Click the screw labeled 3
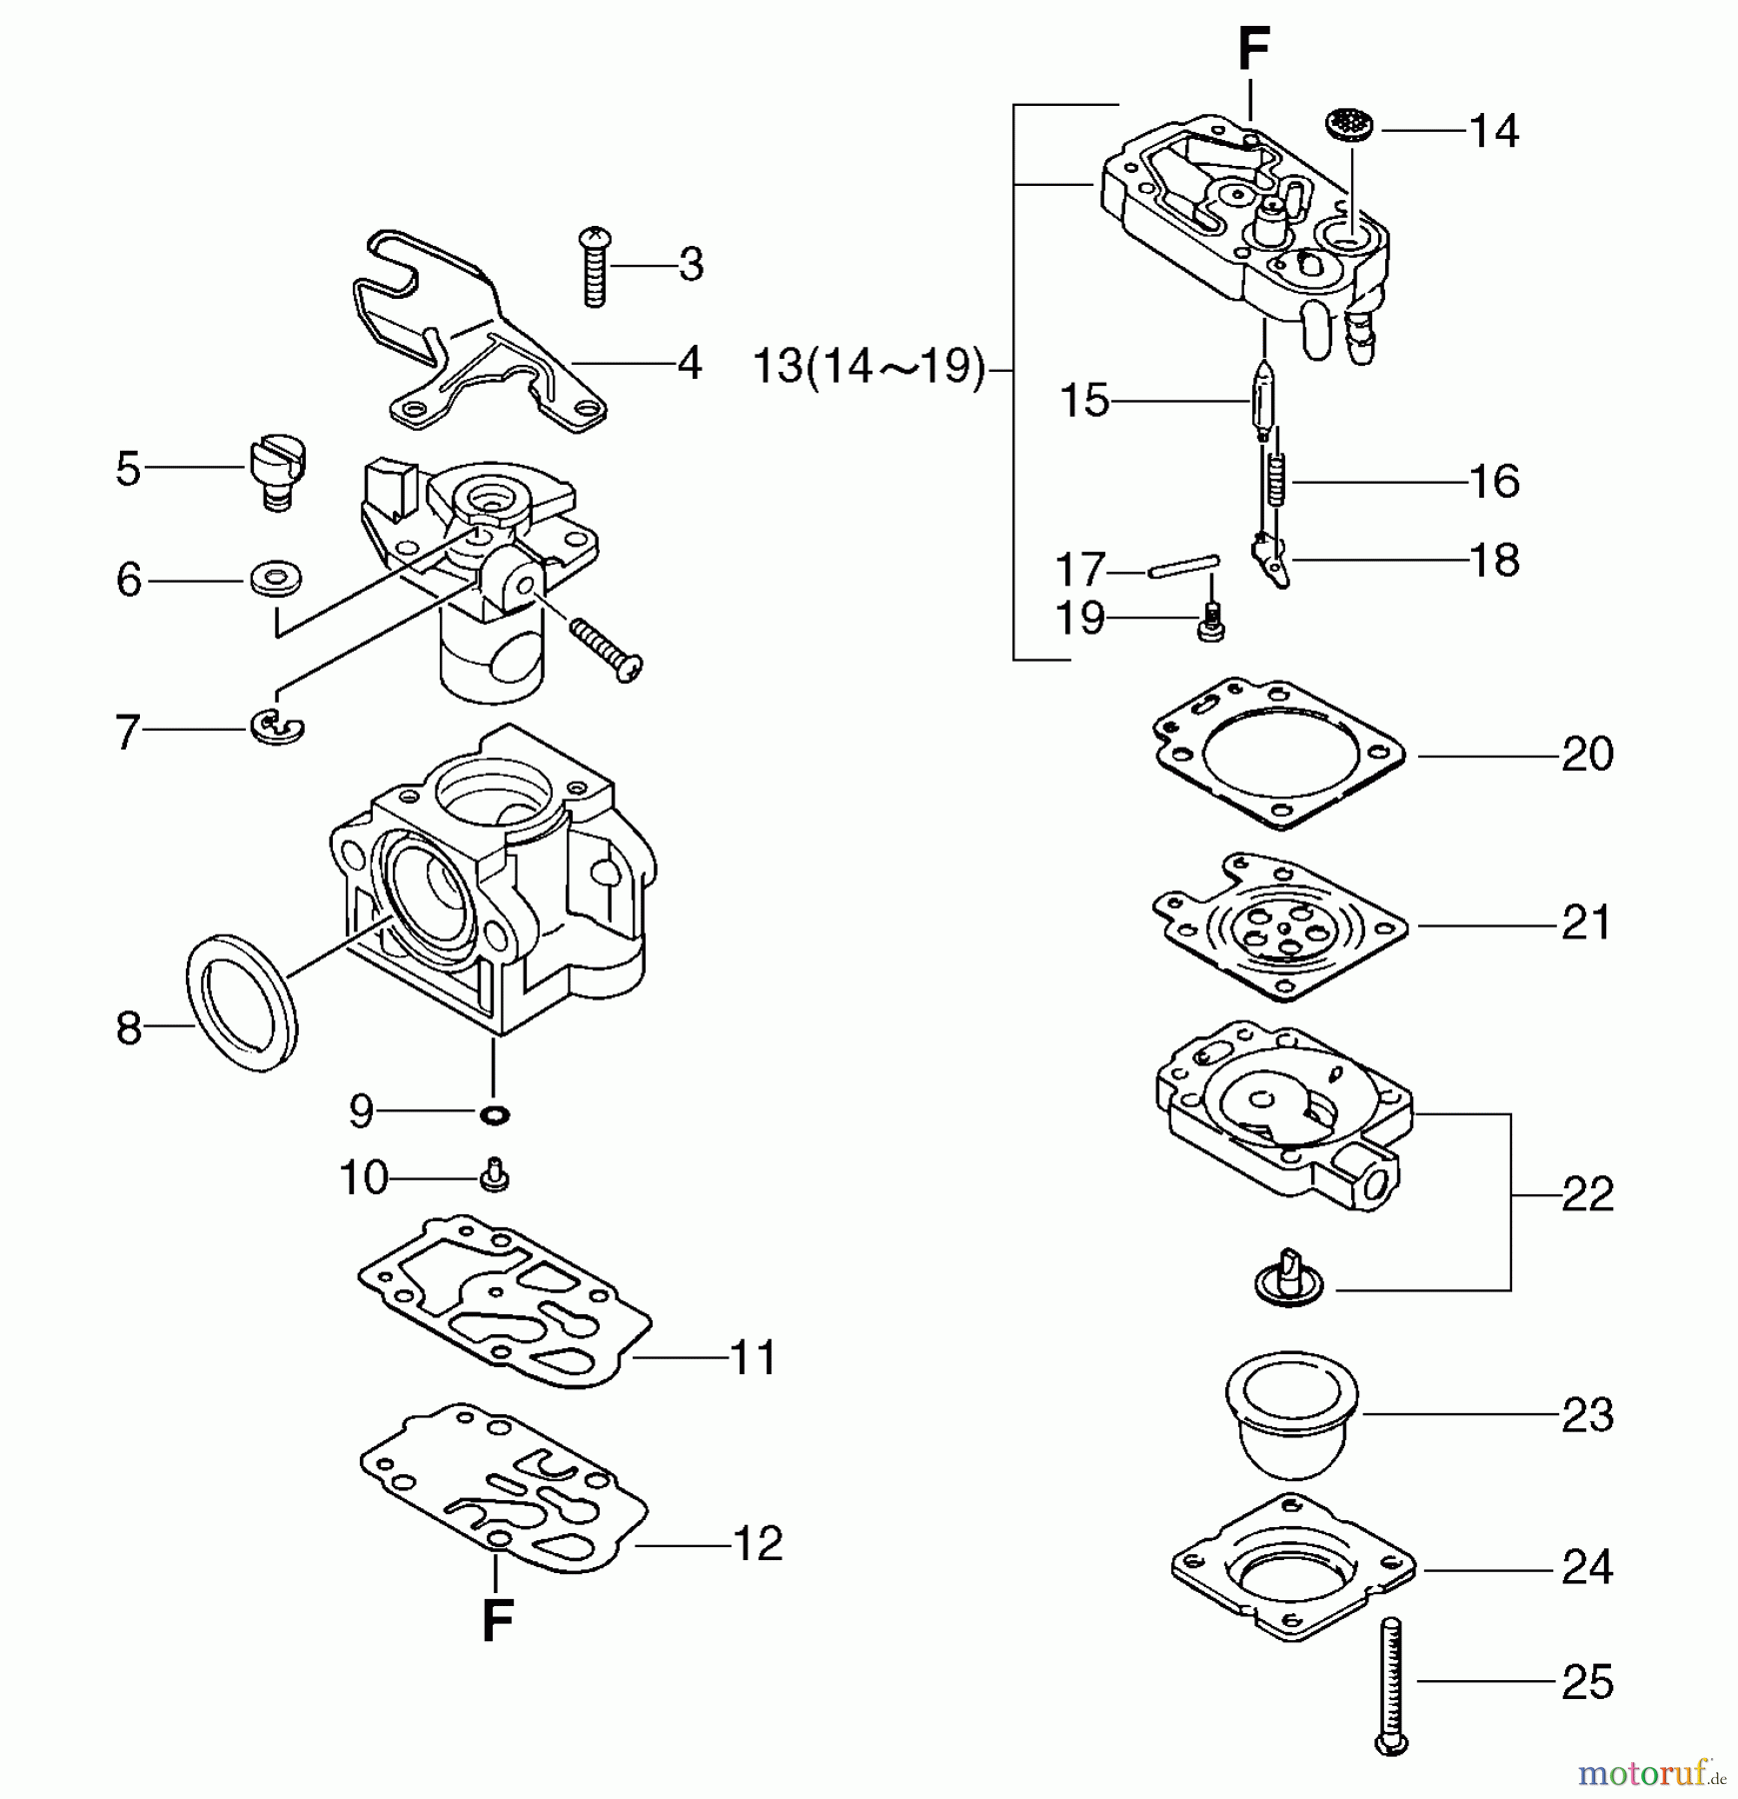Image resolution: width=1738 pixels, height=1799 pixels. [x=595, y=266]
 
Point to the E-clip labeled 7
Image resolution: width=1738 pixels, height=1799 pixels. [x=277, y=728]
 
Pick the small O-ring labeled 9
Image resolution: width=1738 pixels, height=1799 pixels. [x=494, y=1114]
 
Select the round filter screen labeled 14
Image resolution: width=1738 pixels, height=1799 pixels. [x=1349, y=128]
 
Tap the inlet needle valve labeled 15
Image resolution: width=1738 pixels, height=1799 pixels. [x=1264, y=398]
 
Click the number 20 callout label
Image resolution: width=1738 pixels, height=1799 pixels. [x=1587, y=755]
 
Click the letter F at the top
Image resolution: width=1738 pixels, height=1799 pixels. [x=1253, y=49]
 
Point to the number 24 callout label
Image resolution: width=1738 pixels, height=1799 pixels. [x=1587, y=1567]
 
